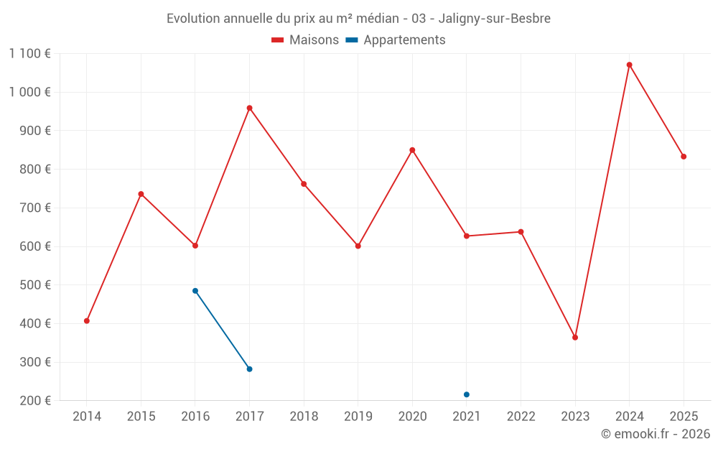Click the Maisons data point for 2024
tap(629, 65)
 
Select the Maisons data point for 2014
tap(87, 321)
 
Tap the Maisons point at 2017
tap(249, 108)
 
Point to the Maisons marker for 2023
tap(575, 338)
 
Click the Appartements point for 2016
tap(195, 291)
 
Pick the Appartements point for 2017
tap(249, 369)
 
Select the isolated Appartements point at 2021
tap(467, 394)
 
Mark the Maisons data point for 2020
tap(412, 150)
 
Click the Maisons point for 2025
tap(684, 157)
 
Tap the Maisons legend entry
tap(305, 40)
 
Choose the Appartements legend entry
tap(396, 40)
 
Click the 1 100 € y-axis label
tap(29, 54)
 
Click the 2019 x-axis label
tap(358, 417)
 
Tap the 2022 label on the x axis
tap(521, 417)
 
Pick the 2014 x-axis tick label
tap(87, 417)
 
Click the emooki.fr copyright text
tap(655, 434)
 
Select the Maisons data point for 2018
tap(304, 184)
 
